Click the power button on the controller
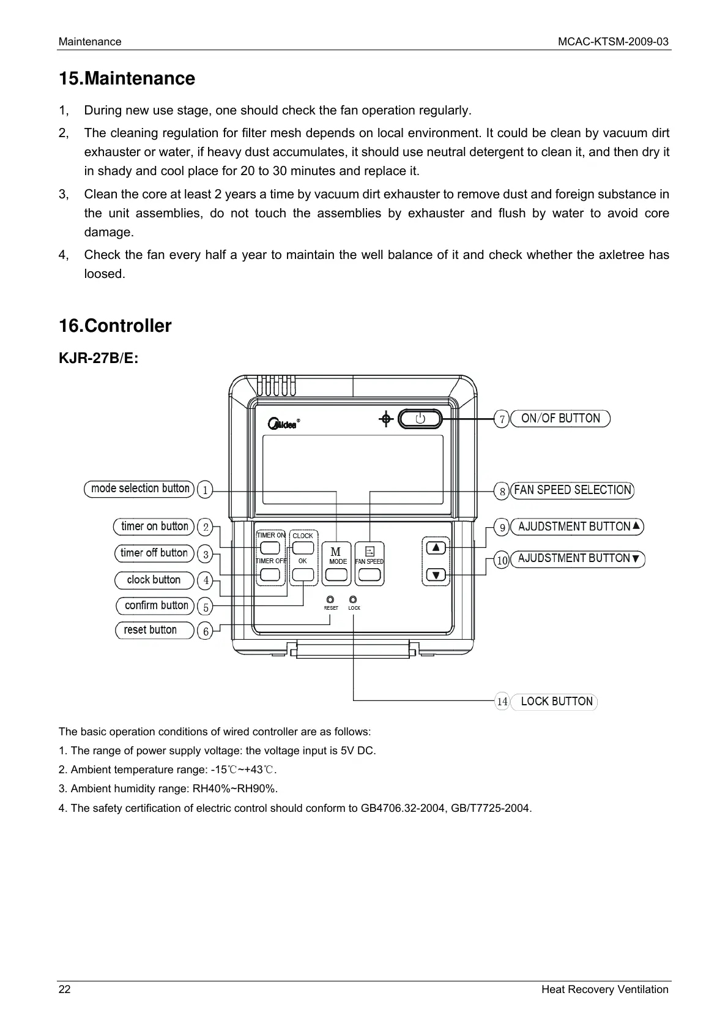click(420, 419)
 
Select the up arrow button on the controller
click(436, 547)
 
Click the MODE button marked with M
click(336, 575)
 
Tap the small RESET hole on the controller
click(330, 599)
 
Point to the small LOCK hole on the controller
click(353, 599)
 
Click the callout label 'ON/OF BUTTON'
click(560, 419)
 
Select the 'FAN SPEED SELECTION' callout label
click(572, 490)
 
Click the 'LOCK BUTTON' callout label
click(556, 702)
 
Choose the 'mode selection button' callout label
click(140, 489)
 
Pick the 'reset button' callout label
click(150, 630)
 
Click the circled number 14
click(502, 702)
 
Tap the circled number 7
click(502, 419)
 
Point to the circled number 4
click(206, 580)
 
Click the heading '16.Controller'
click(115, 326)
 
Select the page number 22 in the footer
click(64, 989)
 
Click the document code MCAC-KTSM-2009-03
click(613, 42)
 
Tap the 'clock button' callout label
click(154, 580)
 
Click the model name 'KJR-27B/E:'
click(98, 358)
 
